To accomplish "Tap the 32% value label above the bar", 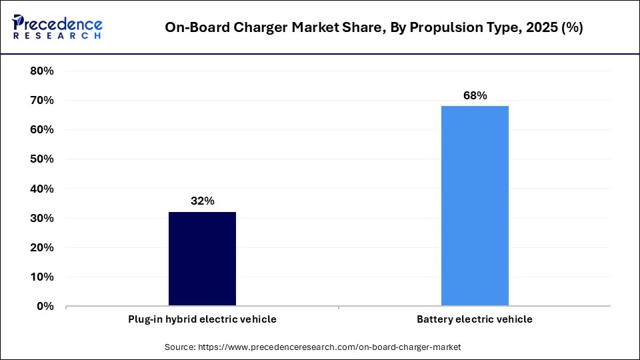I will tap(202, 201).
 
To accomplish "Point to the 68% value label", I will tap(475, 95).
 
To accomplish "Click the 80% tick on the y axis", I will tap(42, 71).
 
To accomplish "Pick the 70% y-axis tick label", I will tap(42, 101).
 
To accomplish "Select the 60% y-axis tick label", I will tap(42, 130).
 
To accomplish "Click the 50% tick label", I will tap(42, 159).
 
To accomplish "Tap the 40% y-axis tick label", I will tap(42, 189).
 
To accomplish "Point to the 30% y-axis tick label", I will tap(42, 218).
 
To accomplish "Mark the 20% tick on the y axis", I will tap(42, 247).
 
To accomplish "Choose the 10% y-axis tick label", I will tap(42, 277).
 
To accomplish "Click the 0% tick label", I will tap(45, 306).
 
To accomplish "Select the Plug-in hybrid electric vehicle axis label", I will tap(202, 319).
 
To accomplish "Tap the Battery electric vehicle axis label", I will tap(475, 319).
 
